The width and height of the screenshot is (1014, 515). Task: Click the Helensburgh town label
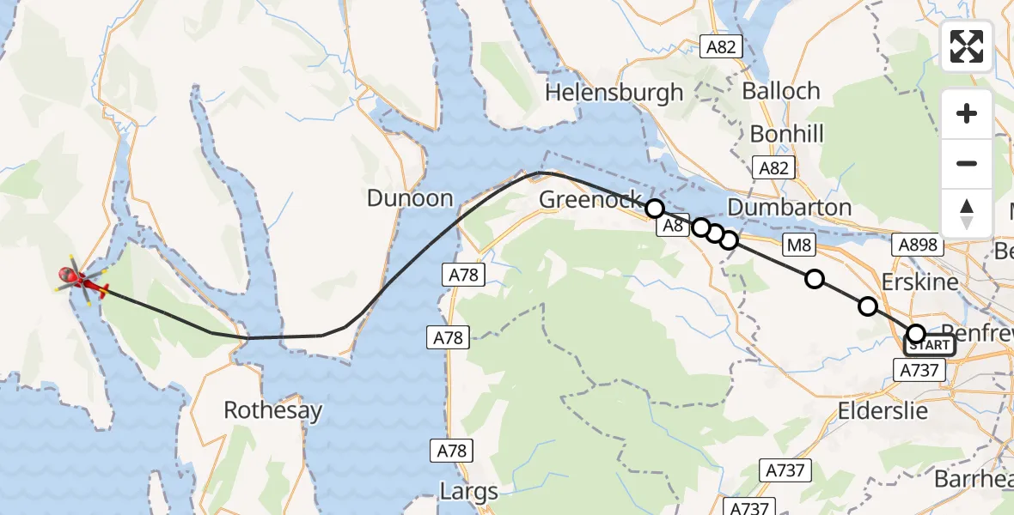(614, 92)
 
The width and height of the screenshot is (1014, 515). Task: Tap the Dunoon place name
(410, 198)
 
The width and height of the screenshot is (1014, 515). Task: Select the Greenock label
(589, 200)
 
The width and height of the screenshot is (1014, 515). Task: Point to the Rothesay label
(272, 410)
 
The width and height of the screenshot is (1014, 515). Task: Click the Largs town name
(468, 492)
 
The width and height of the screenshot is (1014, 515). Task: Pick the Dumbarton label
(789, 208)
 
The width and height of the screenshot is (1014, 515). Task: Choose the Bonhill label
(786, 134)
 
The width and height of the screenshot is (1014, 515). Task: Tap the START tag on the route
(929, 345)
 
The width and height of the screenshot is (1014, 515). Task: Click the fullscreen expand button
(967, 46)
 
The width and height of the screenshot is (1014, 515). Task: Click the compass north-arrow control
(967, 213)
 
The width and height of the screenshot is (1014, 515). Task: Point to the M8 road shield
(799, 246)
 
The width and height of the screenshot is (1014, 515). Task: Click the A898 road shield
(919, 245)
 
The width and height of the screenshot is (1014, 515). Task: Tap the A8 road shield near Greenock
(674, 226)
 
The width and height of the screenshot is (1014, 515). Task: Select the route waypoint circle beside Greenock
(655, 208)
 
